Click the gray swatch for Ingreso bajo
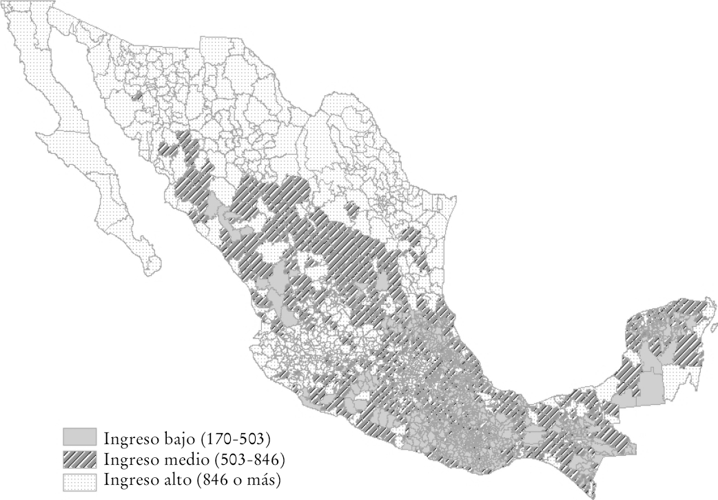pyautogui.click(x=79, y=437)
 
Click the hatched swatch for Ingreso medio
pyautogui.click(x=79, y=458)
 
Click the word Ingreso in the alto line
pyautogui.click(x=129, y=479)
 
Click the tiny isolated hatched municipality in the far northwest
pyautogui.click(x=137, y=97)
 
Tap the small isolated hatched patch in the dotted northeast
pyautogui.click(x=352, y=210)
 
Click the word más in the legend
pyautogui.click(x=265, y=478)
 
